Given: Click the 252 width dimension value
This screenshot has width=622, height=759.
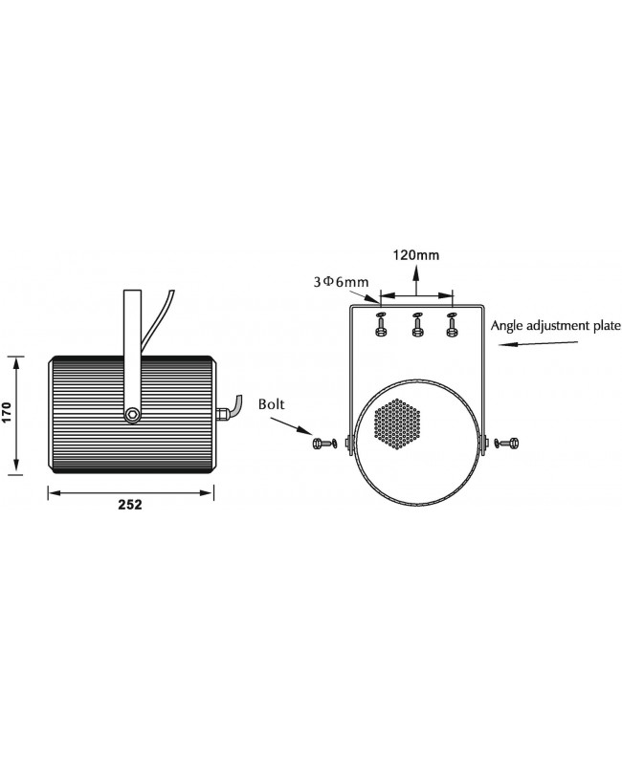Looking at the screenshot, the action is tap(130, 505).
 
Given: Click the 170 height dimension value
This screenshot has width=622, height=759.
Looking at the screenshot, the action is tap(7, 412).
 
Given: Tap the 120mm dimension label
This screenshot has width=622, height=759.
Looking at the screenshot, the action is tap(416, 255).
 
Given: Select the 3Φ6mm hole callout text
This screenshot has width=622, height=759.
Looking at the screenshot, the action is tap(341, 282).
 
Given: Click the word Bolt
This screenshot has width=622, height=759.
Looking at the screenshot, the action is tap(271, 404).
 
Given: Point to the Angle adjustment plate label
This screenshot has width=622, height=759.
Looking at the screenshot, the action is tap(556, 325).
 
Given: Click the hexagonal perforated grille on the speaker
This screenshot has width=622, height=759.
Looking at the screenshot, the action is tap(397, 424).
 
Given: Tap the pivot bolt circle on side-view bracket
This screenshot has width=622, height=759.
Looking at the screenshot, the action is tap(132, 414).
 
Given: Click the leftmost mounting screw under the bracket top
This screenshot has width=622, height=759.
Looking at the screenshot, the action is tap(381, 324).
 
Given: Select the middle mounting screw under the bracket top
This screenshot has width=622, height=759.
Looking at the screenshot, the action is tap(416, 324).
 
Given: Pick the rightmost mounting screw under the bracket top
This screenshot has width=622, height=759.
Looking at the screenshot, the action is tap(452, 324).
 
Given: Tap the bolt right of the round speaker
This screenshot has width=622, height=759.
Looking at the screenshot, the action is tap(507, 443).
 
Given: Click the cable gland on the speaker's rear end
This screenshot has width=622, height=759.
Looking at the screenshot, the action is tap(221, 414).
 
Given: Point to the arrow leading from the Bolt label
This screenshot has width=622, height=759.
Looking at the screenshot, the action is tap(291, 426).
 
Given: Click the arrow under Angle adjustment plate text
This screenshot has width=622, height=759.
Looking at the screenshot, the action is tap(538, 344).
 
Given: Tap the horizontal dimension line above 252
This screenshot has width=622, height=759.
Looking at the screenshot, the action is tap(130, 492).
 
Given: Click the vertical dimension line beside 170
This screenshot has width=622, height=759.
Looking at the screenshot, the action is tap(17, 414).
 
